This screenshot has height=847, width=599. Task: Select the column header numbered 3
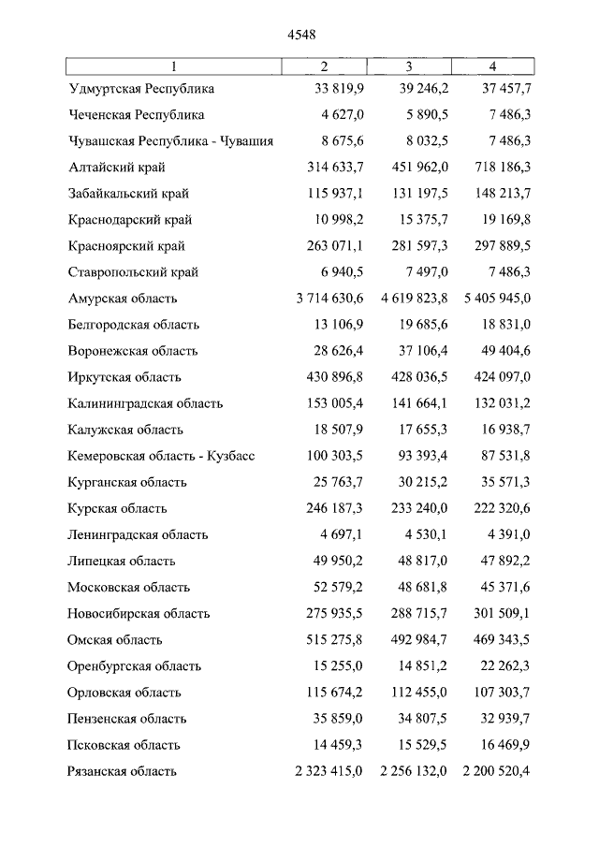pos(409,66)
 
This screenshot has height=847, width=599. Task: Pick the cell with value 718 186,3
pos(497,168)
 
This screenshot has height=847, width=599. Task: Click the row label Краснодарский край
pos(130,220)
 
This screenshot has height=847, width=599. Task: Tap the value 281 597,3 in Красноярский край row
pos(415,246)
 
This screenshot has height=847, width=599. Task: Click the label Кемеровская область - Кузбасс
pos(161,456)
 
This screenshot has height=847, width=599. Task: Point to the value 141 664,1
pos(415,403)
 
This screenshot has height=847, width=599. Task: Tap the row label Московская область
pos(128,587)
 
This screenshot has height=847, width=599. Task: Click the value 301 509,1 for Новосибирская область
pos(497,613)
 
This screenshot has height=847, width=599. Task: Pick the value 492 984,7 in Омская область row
pos(415,639)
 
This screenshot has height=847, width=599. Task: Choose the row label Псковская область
pos(124,745)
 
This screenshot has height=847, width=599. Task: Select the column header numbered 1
pos(174,66)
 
